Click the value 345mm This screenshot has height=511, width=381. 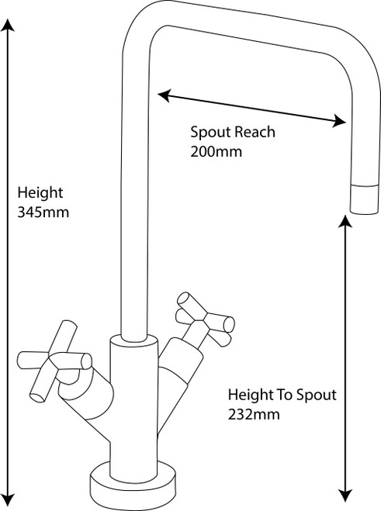point(43,212)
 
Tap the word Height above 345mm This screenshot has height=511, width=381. point(40,193)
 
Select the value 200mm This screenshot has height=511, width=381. point(216,152)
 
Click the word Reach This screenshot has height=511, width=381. point(255,132)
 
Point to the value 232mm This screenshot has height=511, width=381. point(254,415)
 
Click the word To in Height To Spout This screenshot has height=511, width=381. point(285,395)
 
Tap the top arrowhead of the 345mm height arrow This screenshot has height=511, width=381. point(8,25)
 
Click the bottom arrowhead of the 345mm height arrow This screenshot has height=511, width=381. point(8,502)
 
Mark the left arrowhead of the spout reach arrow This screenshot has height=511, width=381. point(164,95)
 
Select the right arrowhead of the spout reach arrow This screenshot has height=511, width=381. point(339,121)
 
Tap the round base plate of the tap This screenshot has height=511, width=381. point(133,485)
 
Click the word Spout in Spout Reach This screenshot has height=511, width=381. point(211,133)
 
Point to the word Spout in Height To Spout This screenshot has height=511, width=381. point(316,395)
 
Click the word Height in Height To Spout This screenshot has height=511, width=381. point(251,395)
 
